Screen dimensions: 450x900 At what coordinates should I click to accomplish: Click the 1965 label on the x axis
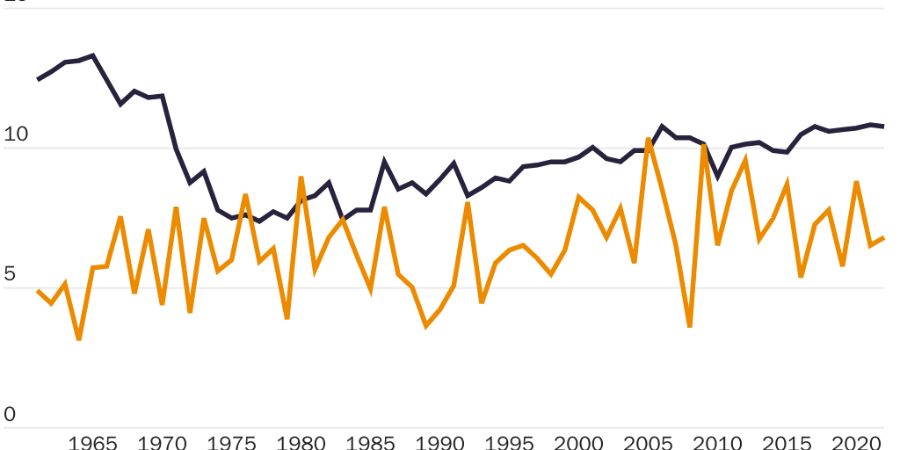pos(92,441)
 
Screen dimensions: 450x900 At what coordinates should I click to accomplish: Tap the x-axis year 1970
pos(162,441)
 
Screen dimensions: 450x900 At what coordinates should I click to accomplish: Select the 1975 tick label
pos(231,441)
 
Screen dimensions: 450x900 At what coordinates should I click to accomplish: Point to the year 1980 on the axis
pos(301,441)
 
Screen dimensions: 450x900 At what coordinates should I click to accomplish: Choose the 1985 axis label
pos(370,441)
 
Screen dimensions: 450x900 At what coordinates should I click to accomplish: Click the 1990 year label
pos(439,441)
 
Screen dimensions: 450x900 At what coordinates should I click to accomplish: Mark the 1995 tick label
pos(509,441)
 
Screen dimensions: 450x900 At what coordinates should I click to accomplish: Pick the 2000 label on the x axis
pos(578,441)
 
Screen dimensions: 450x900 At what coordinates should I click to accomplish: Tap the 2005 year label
pos(648,441)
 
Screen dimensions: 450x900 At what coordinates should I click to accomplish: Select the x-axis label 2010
pos(717,441)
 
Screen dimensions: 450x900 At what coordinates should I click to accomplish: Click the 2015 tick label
pos(787,441)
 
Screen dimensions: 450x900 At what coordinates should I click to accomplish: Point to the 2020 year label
pos(856,441)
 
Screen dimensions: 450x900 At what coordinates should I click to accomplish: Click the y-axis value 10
pos(17,135)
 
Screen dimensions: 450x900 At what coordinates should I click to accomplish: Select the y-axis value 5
pos(11,274)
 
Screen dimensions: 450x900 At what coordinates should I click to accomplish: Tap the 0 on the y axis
pos(11,413)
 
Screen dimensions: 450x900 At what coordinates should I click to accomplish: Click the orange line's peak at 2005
pos(649,139)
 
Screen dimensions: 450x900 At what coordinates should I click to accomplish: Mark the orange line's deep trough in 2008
pos(690,326)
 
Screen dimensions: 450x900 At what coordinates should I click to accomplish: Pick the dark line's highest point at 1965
pos(93,55)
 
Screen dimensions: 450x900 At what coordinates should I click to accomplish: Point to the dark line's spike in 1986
pos(384,162)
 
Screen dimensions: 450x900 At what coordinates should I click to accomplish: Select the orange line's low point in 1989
pos(426,326)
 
